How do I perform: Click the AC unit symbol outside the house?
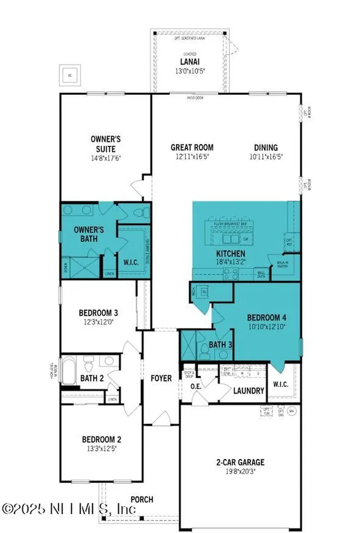coord(70,75)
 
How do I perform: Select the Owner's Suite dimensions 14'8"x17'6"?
coord(106,157)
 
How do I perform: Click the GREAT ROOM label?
coord(192,147)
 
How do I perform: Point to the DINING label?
coord(266,147)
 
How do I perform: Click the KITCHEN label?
coord(230,254)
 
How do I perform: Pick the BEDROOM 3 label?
coord(98,313)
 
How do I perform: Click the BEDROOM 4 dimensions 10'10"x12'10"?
coord(266,327)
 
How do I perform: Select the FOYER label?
coord(161,378)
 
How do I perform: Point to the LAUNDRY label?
coord(249,390)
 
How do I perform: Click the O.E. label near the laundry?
coord(196,386)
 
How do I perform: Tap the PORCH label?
coord(142,499)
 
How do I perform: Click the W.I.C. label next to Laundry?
coord(280,386)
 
